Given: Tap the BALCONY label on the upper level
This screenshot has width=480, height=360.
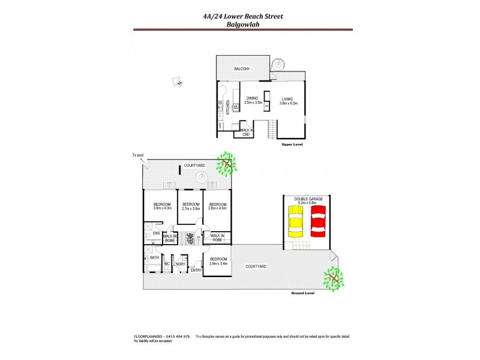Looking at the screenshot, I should coord(242,69).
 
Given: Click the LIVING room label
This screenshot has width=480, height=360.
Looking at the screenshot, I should coord(288,99).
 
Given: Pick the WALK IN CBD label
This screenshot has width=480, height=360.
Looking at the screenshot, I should coord(246,132).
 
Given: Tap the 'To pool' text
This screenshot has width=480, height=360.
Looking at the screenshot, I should coord(138,155).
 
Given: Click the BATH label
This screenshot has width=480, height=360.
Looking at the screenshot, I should coord(154,258).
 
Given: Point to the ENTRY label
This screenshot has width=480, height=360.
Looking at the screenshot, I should coord(196,270).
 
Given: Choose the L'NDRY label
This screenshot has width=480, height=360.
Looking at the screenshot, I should coord(179,264).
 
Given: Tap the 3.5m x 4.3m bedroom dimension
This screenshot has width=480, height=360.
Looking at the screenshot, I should coord(162,208).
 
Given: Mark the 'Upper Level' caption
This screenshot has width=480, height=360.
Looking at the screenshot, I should coord(292,145).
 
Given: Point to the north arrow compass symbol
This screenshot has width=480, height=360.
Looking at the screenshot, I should coord(178,82).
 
